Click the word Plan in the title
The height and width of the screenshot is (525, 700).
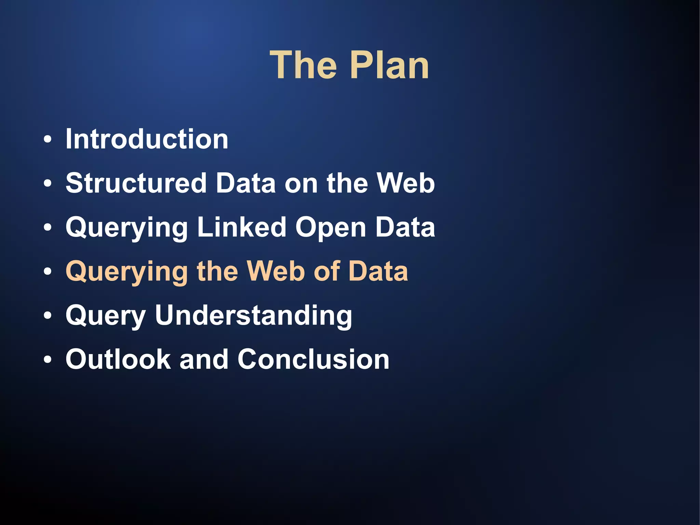point(390,65)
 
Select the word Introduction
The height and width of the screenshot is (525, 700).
point(147,139)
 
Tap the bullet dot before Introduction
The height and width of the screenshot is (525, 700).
point(48,140)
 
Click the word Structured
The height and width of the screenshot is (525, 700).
point(136,183)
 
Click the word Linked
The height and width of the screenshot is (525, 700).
point(242,227)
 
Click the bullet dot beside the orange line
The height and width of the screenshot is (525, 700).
point(48,272)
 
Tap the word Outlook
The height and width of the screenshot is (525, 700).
point(118,359)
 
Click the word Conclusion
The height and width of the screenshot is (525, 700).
point(313,359)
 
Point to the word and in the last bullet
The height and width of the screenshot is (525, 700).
point(204,359)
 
